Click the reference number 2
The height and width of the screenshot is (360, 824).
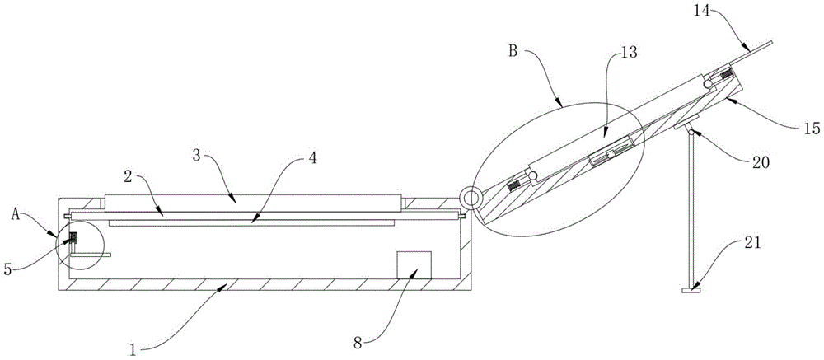[129, 175]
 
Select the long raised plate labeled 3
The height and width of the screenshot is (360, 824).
[252, 200]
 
